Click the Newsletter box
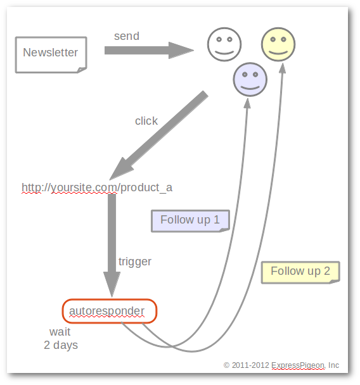(51, 54)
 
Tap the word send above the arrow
(127, 36)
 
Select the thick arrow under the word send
(149, 50)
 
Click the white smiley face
(224, 44)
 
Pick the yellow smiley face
(278, 44)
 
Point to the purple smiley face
(250, 80)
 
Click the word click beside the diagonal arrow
(146, 121)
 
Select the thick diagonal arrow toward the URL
(158, 136)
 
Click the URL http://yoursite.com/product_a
(97, 187)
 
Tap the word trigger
(135, 262)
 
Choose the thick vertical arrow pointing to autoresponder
(112, 246)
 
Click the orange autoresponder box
(110, 311)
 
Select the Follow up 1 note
(190, 221)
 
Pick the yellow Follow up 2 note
(300, 272)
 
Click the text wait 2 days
(61, 339)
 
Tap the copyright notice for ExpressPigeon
(281, 365)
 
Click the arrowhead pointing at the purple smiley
(247, 103)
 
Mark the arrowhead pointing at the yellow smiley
(283, 68)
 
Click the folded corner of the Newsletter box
(82, 70)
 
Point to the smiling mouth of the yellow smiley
(278, 53)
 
